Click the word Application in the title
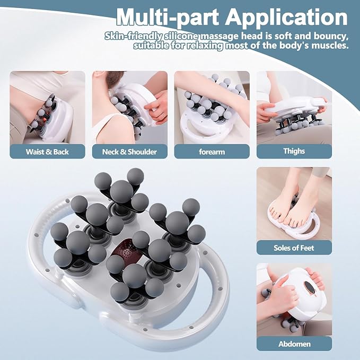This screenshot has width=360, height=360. (x=286, y=17)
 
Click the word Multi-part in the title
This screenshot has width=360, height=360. (x=168, y=17)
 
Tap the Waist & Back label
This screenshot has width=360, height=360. (x=47, y=152)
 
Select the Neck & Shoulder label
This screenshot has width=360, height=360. (x=129, y=152)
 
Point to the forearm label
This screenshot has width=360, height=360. (x=212, y=152)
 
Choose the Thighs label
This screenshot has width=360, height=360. (x=294, y=151)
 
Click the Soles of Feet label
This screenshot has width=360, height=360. (x=294, y=248)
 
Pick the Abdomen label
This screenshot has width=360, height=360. (x=294, y=344)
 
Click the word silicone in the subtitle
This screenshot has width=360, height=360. (x=182, y=36)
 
